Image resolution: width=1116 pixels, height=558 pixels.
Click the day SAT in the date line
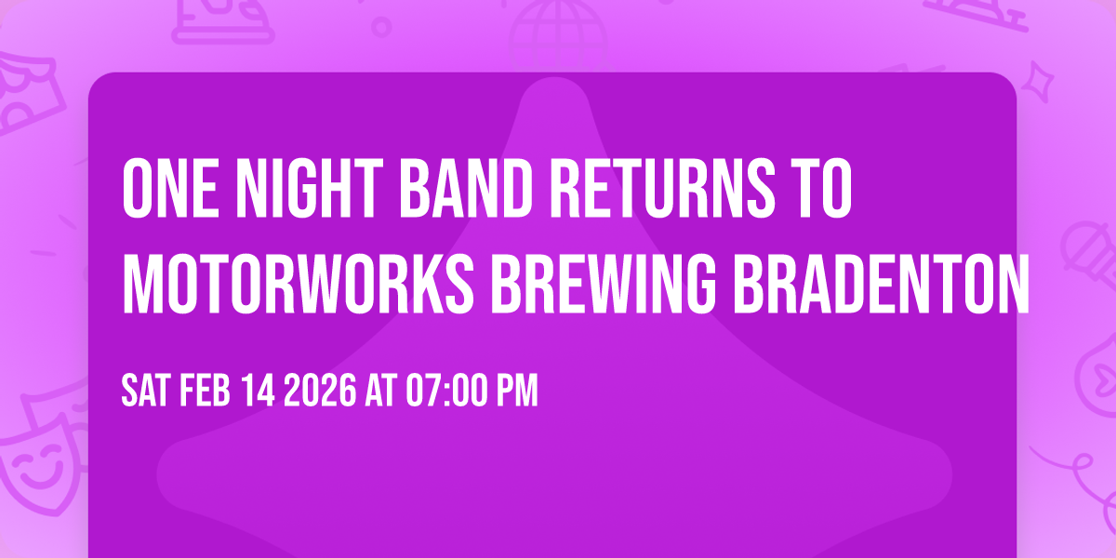pos(144,391)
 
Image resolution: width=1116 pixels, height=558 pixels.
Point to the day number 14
pos(257,391)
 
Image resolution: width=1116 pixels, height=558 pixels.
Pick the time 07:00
pos(449,391)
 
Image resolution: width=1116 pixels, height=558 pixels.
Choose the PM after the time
pos(518,391)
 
